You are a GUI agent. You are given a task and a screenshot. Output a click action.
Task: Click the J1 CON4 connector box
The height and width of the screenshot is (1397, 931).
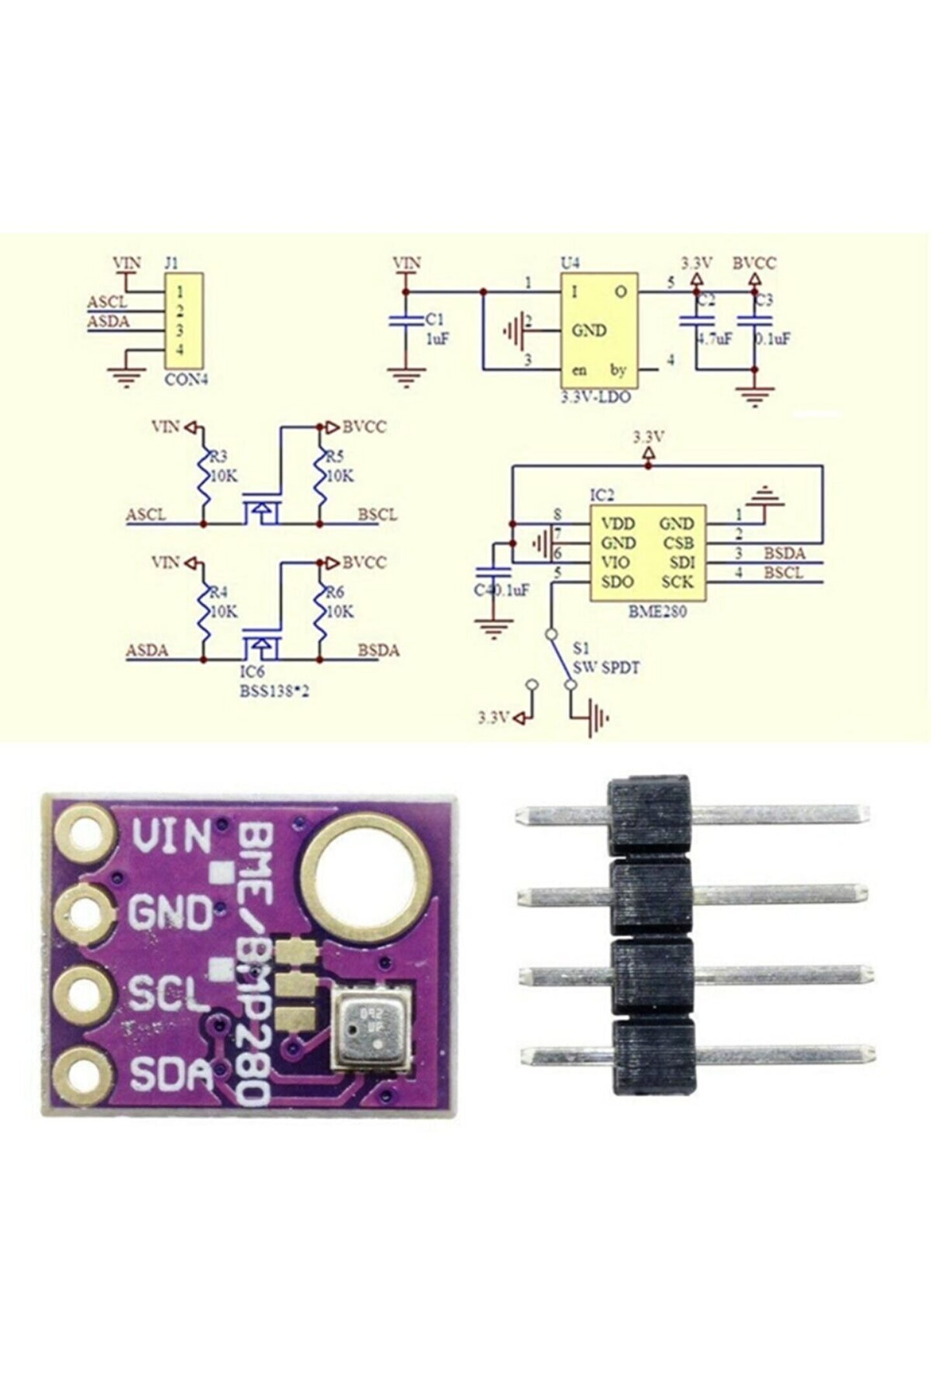pyautogui.click(x=184, y=320)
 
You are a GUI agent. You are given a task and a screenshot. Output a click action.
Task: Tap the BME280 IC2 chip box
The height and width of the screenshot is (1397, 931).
pyautogui.click(x=647, y=552)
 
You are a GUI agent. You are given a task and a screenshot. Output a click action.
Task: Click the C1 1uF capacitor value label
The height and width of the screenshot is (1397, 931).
pyautogui.click(x=437, y=338)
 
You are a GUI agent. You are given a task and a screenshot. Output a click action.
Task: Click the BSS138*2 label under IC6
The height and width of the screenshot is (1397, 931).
pyautogui.click(x=275, y=691)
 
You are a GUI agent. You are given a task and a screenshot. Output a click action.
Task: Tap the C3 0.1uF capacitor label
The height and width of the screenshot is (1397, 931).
pyautogui.click(x=773, y=338)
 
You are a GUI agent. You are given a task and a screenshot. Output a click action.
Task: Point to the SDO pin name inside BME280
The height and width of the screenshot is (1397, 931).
pyautogui.click(x=617, y=581)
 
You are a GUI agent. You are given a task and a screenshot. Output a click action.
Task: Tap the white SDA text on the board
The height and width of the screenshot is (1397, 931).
pyautogui.click(x=171, y=1074)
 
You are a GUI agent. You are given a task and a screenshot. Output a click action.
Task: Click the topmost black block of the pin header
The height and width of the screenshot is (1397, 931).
pyautogui.click(x=648, y=816)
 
